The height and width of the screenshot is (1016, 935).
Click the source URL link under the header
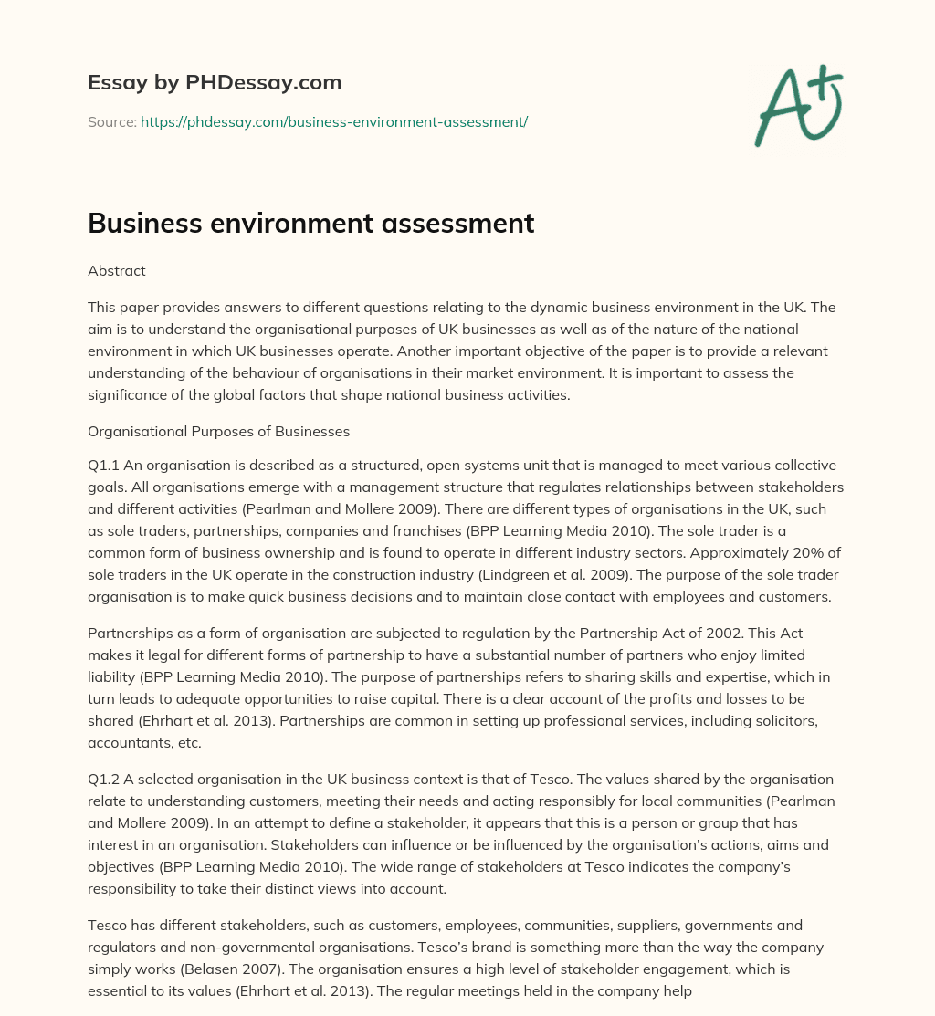click(334, 121)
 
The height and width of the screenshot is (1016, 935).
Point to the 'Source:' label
click(111, 121)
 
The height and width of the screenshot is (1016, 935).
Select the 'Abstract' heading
click(117, 270)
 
